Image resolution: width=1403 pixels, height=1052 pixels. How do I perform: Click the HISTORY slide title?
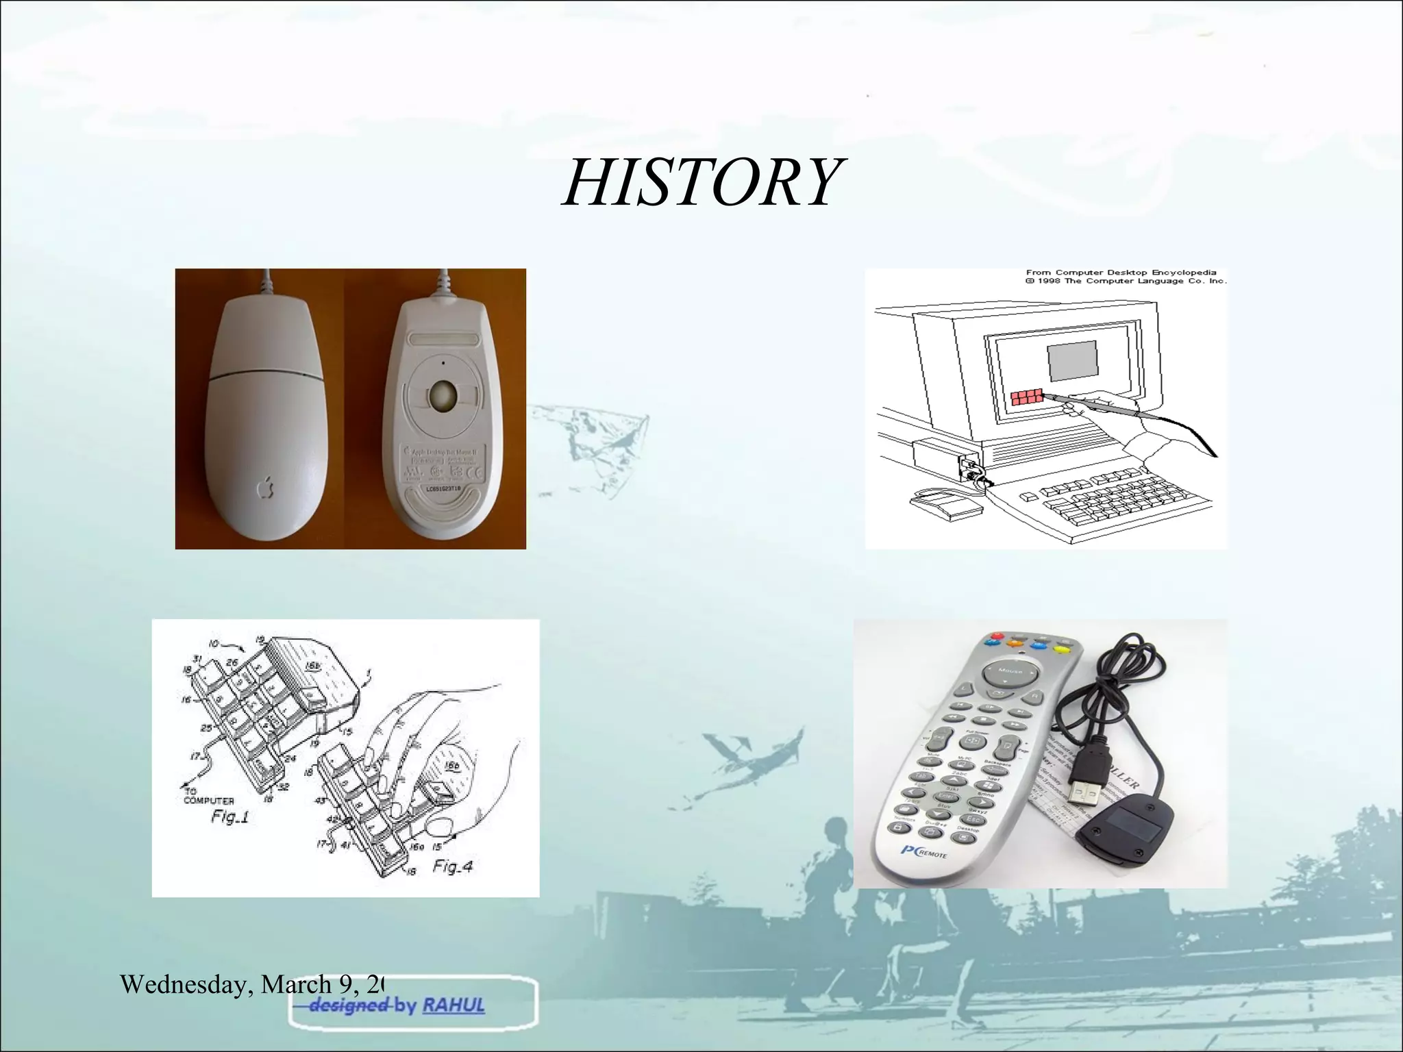(x=700, y=182)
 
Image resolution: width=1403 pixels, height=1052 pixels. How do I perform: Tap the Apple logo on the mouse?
(x=265, y=487)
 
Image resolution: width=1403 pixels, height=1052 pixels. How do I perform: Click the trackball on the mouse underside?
(x=443, y=396)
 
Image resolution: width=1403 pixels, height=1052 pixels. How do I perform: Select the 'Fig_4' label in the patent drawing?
(x=452, y=867)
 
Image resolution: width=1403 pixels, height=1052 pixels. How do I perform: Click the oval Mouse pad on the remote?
(x=1010, y=675)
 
